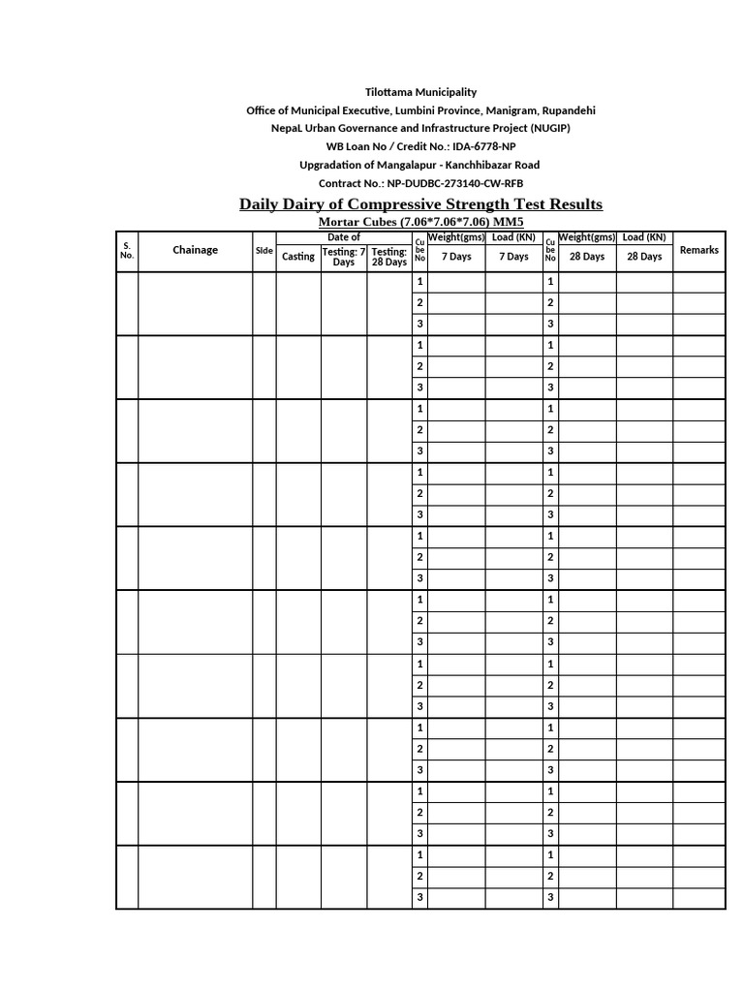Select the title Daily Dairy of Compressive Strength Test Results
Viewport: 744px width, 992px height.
pyautogui.click(x=420, y=204)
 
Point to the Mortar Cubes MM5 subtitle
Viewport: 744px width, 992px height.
pyautogui.click(x=420, y=223)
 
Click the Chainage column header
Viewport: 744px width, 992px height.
pyautogui.click(x=195, y=250)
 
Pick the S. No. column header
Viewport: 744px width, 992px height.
pyautogui.click(x=127, y=250)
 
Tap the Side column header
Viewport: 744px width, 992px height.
pyautogui.click(x=264, y=250)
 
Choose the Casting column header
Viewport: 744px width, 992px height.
pyautogui.click(x=298, y=257)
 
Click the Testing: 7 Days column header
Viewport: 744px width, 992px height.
pyautogui.click(x=344, y=257)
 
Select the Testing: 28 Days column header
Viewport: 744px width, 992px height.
pyautogui.click(x=389, y=257)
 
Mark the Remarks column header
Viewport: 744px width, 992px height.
pyautogui.click(x=699, y=250)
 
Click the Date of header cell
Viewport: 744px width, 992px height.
pyautogui.click(x=344, y=237)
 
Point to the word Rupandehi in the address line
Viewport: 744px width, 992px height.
pyautogui.click(x=568, y=110)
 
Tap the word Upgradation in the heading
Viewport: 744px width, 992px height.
pyautogui.click(x=327, y=165)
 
